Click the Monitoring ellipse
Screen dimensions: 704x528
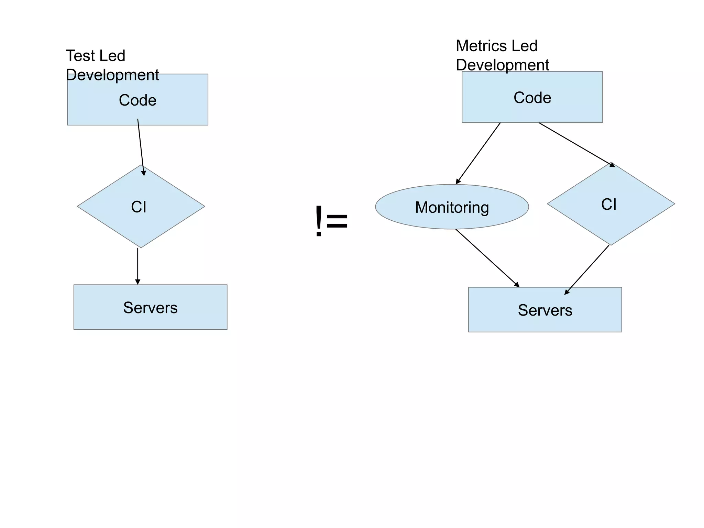pos(452,207)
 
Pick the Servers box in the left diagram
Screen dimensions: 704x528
pos(150,307)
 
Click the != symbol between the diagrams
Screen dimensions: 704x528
pos(331,221)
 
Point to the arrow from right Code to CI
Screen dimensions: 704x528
pos(576,144)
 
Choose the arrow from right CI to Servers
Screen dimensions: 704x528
pos(587,269)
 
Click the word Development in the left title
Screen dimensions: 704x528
pos(112,75)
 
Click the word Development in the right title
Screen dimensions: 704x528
pos(502,65)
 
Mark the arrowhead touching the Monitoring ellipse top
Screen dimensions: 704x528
pos(458,181)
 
